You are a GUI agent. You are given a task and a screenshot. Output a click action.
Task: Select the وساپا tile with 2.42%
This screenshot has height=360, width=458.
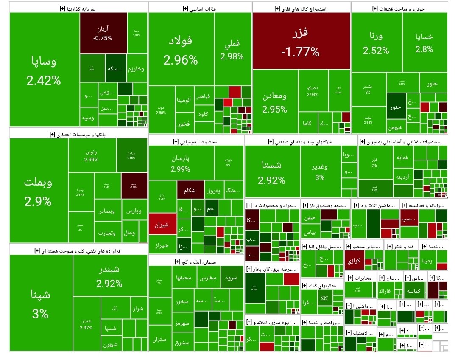(x=44, y=70)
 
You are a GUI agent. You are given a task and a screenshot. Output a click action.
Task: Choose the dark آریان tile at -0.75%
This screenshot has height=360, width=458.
(x=103, y=33)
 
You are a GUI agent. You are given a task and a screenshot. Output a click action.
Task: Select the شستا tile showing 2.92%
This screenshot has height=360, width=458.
(x=272, y=172)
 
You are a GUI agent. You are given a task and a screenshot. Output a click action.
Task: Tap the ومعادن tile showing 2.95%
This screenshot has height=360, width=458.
(x=275, y=102)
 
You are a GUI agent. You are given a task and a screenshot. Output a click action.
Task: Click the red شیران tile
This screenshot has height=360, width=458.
(x=162, y=225)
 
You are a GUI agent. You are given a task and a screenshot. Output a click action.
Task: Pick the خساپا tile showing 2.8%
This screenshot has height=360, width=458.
(x=424, y=42)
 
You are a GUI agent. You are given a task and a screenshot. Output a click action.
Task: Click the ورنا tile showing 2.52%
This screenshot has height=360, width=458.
(x=376, y=42)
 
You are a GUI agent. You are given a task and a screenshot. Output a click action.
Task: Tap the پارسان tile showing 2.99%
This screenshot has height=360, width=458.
(x=181, y=163)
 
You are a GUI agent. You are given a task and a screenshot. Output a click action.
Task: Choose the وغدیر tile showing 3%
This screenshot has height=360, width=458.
(x=320, y=172)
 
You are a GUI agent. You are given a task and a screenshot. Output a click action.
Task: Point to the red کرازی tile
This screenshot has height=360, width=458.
(x=354, y=261)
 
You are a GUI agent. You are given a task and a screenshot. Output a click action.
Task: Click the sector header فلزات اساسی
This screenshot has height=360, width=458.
(x=199, y=8)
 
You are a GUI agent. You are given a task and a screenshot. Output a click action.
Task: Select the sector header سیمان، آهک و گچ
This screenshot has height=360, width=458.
(x=195, y=261)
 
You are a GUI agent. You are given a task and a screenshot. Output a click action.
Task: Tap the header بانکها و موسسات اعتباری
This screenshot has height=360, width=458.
(x=78, y=134)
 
